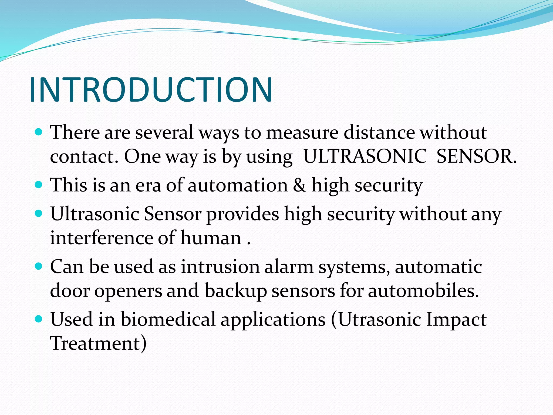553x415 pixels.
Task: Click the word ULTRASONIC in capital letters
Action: coord(365,156)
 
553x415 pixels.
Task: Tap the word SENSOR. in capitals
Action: coord(476,156)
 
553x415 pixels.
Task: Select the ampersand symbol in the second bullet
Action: coord(300,185)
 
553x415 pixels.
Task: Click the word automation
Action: coord(238,185)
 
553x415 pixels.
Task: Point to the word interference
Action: coord(102,238)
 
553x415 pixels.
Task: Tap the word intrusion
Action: coord(220,267)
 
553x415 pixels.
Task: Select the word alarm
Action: coord(289,267)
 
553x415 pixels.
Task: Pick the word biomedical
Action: coord(168,319)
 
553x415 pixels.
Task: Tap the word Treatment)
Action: coord(98,343)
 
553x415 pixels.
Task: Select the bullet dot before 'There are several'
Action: coord(39,132)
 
